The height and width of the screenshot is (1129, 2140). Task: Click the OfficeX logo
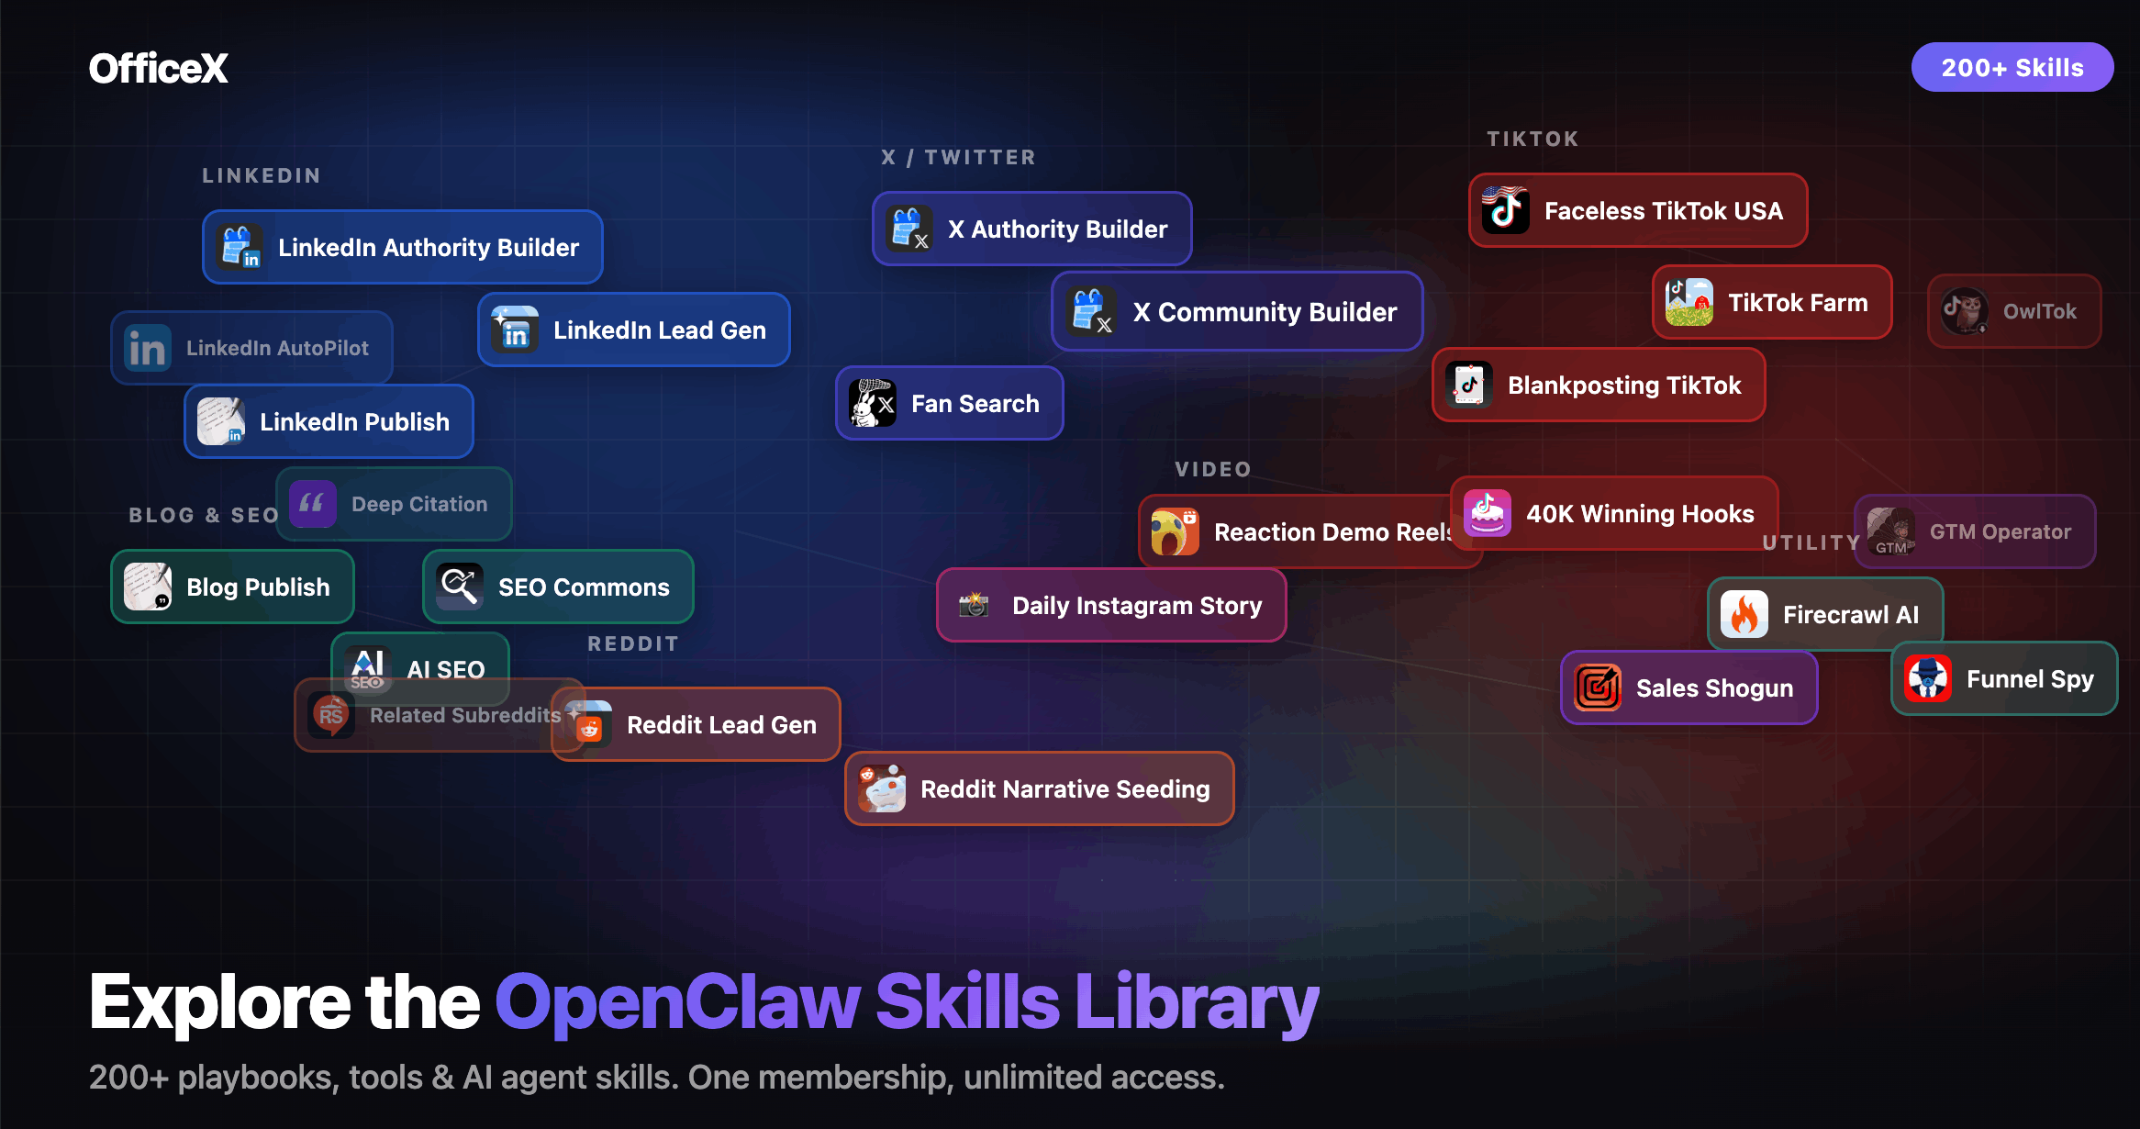pos(159,68)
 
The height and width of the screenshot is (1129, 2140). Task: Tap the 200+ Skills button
pos(2012,67)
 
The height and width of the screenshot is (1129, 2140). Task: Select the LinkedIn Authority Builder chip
pos(403,247)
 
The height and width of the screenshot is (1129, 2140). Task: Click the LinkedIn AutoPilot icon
pos(148,348)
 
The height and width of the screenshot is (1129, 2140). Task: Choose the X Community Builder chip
pos(1237,311)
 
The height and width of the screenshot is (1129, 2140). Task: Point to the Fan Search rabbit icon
pos(873,403)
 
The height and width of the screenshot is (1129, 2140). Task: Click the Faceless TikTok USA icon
pos(1506,210)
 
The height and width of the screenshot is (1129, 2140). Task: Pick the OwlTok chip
pos(2014,311)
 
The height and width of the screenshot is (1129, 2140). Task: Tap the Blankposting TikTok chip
pos(1599,385)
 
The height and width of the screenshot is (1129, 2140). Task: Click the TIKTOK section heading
pos(1533,139)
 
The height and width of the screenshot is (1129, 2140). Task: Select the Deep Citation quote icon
pos(313,504)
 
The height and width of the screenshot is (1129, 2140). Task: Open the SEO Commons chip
pos(558,587)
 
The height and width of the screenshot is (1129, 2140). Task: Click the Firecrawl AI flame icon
pos(1744,614)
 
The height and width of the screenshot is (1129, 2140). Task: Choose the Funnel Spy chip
pos(2004,678)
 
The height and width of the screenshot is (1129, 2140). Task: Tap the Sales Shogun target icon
pos(1598,687)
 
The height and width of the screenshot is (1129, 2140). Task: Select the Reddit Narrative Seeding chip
pos(1040,788)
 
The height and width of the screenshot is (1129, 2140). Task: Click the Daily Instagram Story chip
pos(1111,605)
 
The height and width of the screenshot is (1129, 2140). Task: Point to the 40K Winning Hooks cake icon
pos(1488,513)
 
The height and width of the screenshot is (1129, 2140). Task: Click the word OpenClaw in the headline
pos(677,1002)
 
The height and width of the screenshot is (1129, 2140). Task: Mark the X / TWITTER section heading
pos(958,157)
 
